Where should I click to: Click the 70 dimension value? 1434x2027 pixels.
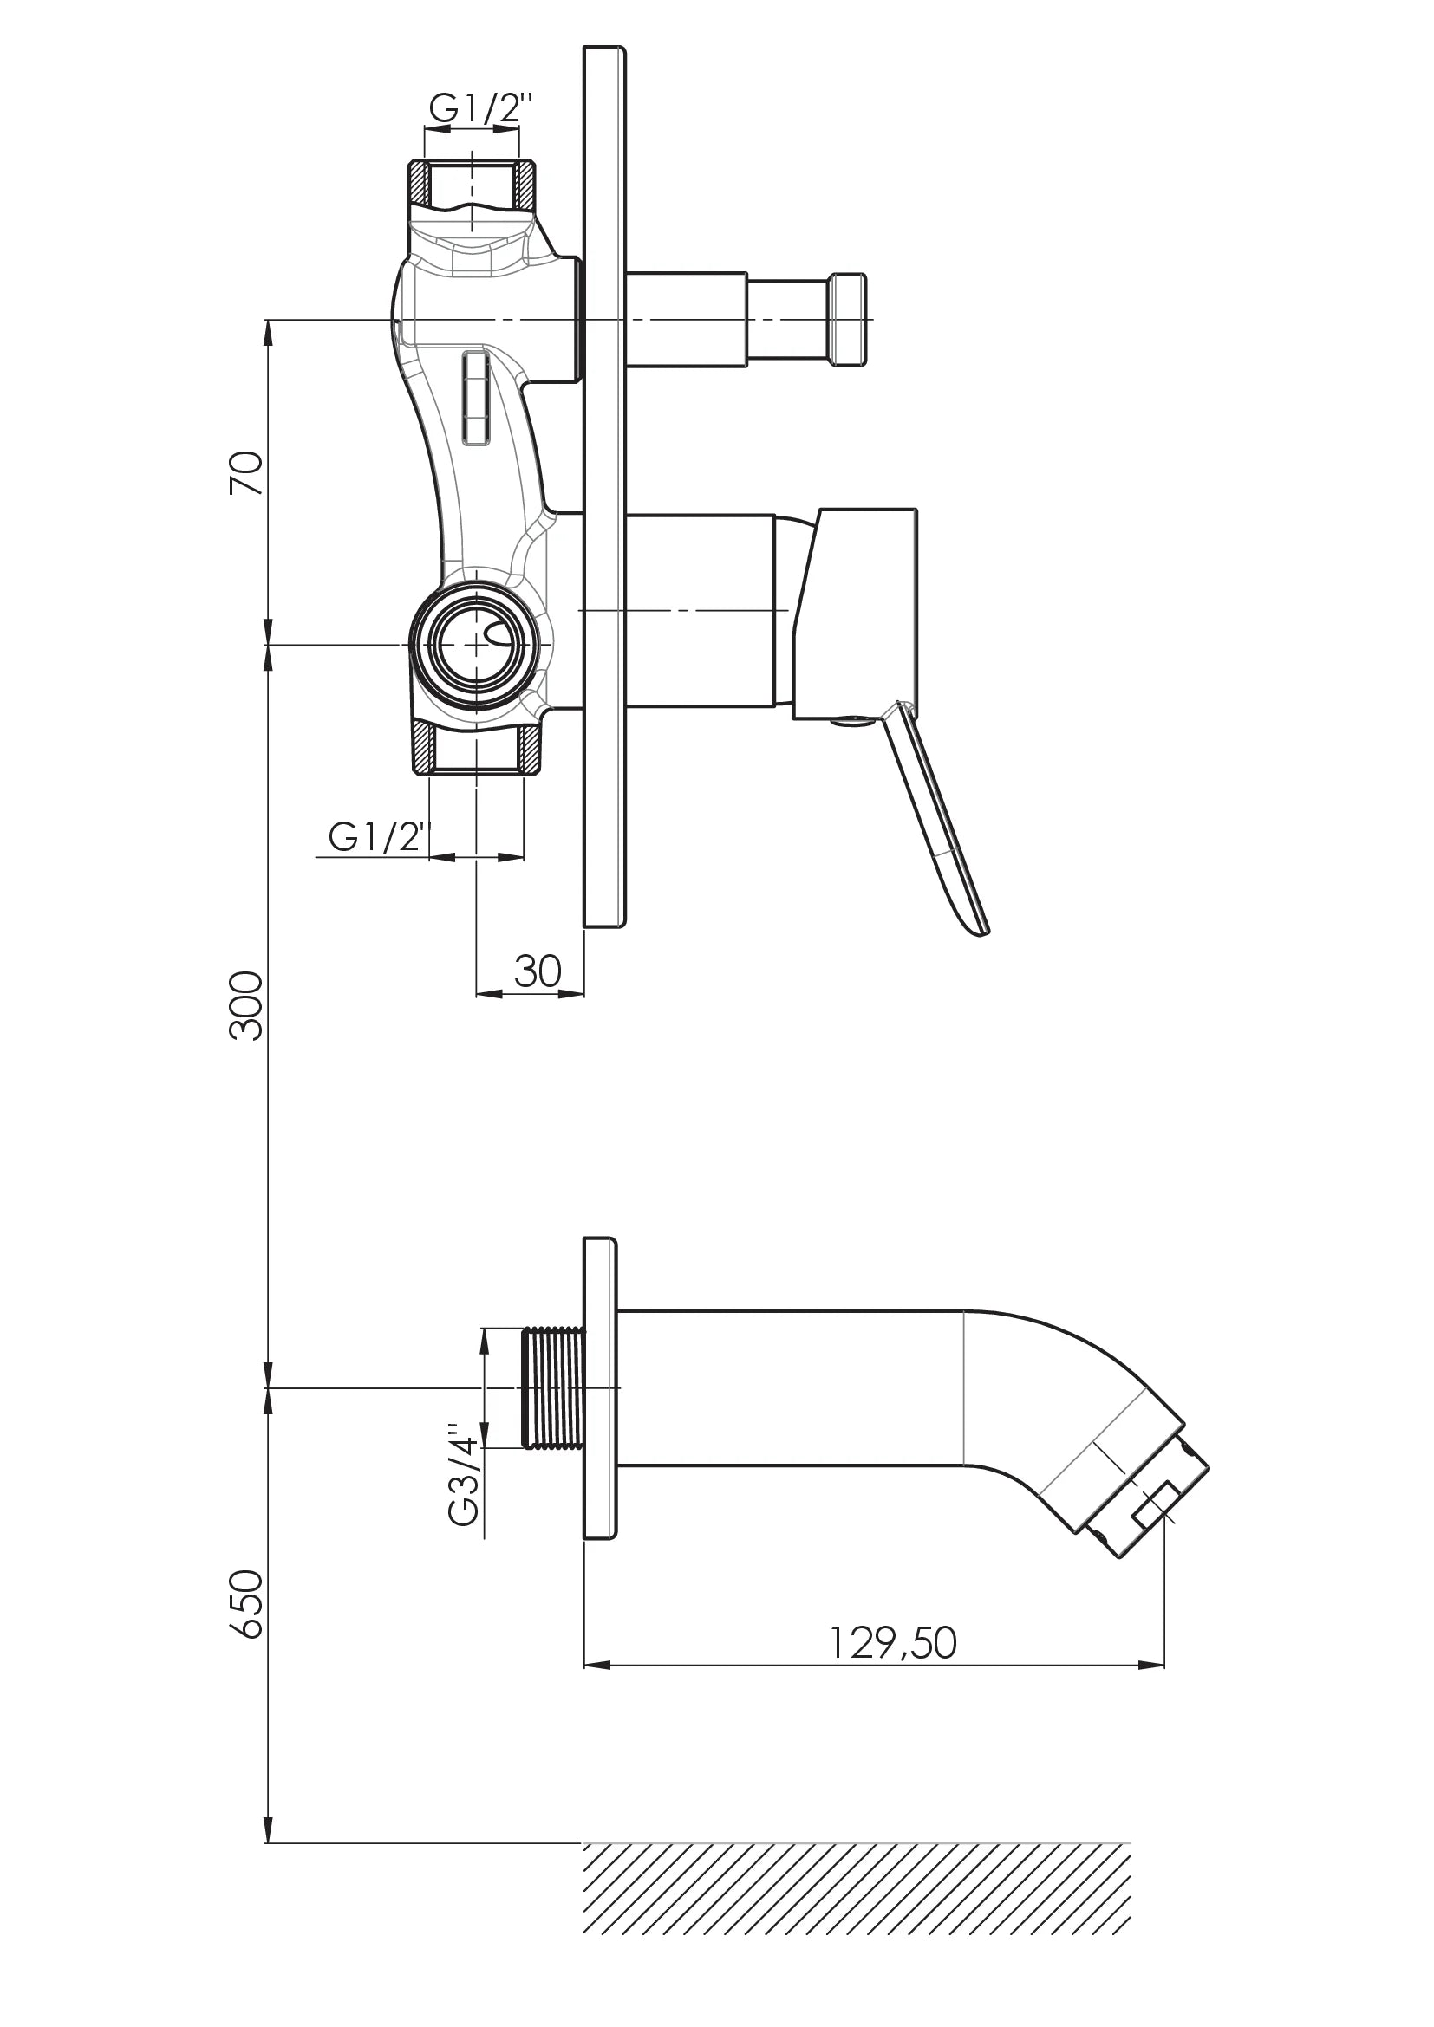click(247, 472)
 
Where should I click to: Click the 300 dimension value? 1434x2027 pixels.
click(247, 1005)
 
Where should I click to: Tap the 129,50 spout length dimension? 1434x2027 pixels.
click(893, 1643)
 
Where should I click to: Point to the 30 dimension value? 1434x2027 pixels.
click(537, 972)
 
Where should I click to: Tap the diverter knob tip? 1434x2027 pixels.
click(848, 320)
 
